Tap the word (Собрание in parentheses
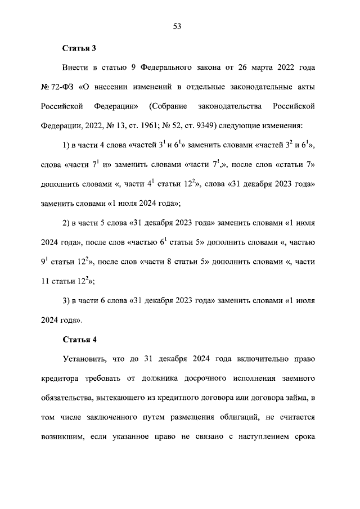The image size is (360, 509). pyautogui.click(x=167, y=106)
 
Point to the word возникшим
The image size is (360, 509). pyautogui.click(x=62, y=436)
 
